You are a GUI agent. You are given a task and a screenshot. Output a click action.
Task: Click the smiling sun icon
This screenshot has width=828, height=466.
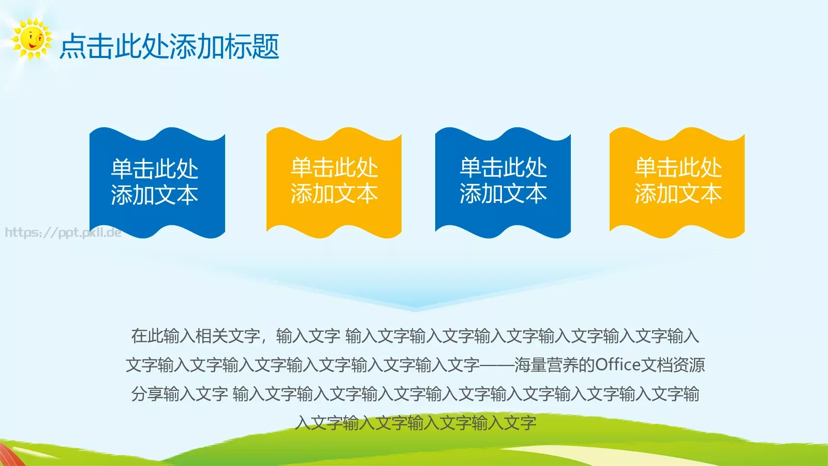click(32, 39)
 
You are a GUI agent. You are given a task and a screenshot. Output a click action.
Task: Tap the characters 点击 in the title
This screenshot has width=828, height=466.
click(86, 47)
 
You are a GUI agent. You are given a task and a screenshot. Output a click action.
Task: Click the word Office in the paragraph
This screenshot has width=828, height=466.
click(618, 365)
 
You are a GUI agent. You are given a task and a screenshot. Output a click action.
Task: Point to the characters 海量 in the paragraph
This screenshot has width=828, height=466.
click(530, 365)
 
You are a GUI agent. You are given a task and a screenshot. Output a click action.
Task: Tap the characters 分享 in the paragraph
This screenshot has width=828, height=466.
click(147, 394)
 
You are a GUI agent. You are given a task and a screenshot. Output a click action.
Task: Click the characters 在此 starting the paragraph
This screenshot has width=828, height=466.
click(147, 336)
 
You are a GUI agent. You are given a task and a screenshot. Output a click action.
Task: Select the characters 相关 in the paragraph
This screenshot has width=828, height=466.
click(211, 336)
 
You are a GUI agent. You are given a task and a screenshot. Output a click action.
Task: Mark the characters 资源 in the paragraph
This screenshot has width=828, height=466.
click(689, 365)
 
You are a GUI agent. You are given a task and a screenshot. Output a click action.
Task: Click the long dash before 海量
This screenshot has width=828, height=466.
click(497, 365)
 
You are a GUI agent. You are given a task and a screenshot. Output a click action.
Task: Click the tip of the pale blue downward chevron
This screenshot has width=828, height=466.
click(415, 309)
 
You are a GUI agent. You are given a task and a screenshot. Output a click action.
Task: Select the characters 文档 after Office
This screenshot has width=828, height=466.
click(657, 365)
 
